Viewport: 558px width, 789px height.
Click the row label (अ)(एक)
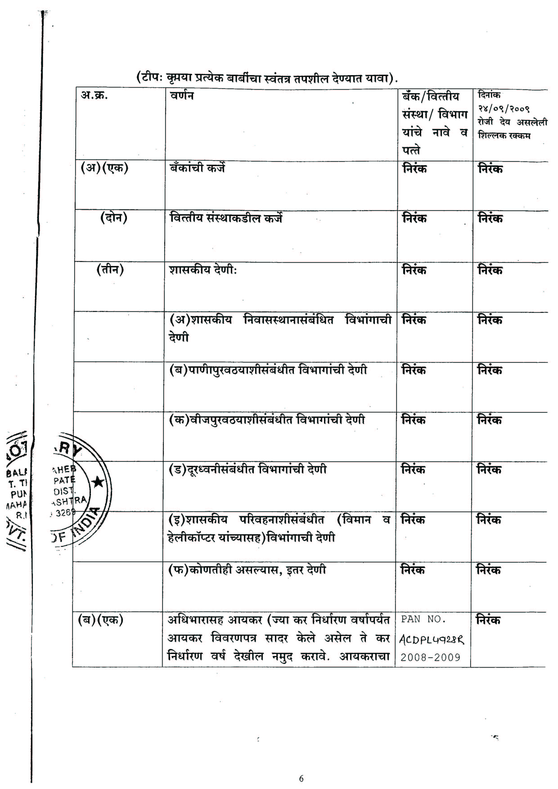(x=104, y=168)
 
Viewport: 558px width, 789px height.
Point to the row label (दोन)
(x=113, y=218)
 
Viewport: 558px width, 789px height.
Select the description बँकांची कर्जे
(x=197, y=168)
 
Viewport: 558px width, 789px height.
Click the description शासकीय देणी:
(x=203, y=270)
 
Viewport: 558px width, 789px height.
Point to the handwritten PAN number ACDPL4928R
(x=431, y=640)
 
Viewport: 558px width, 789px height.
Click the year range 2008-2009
(x=430, y=657)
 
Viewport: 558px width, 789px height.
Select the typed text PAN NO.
(x=423, y=619)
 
